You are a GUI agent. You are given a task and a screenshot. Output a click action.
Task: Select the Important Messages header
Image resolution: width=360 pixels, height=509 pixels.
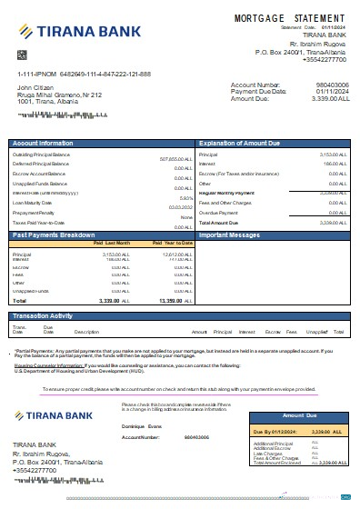(232, 235)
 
